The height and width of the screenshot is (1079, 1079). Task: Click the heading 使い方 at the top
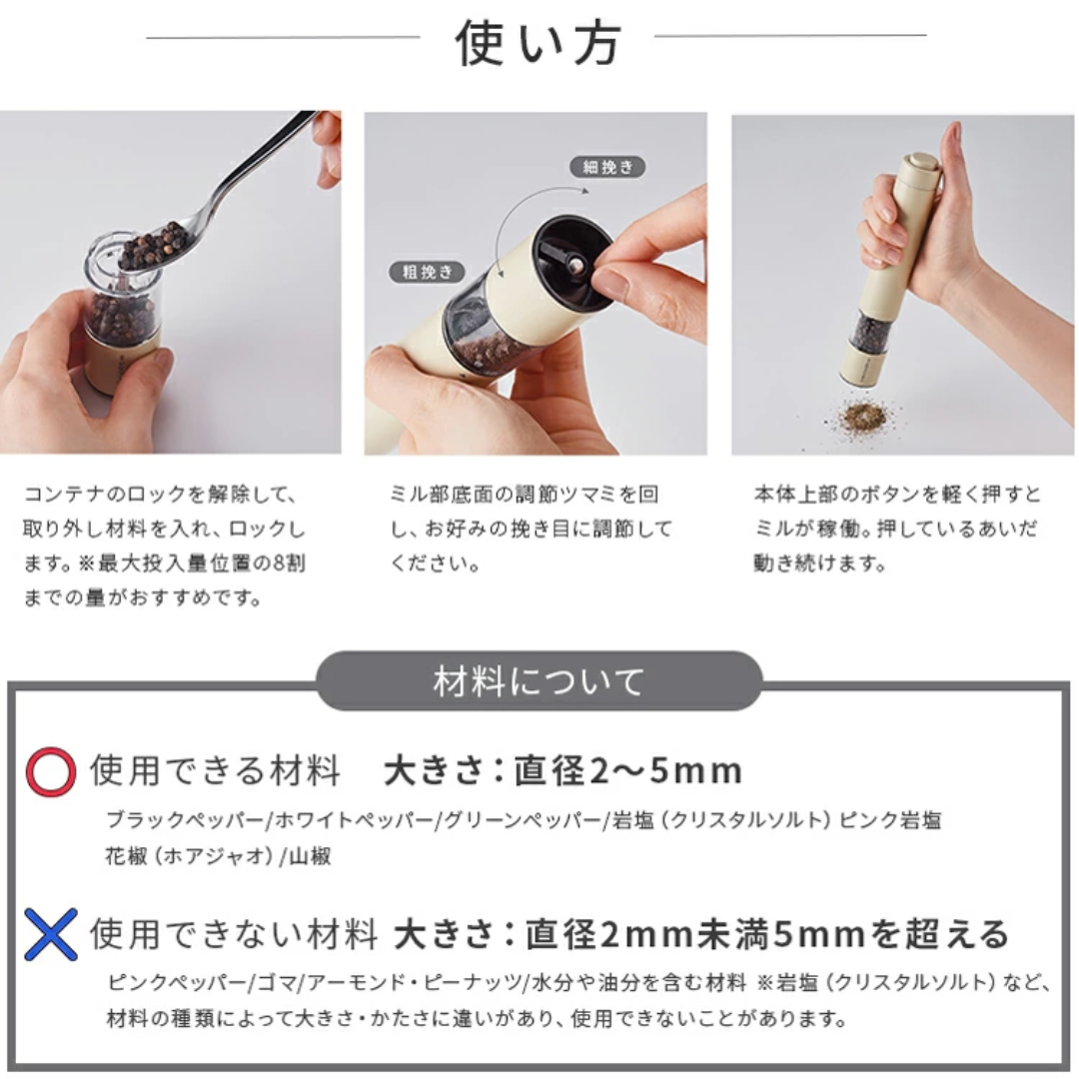tap(539, 42)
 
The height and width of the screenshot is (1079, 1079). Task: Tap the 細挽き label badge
tap(608, 167)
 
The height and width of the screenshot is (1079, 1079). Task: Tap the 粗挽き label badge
tap(429, 272)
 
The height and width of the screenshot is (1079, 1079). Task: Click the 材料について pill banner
tap(539, 682)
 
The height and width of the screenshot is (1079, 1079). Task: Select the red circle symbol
tap(50, 771)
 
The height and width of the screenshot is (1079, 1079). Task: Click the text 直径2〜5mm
tap(627, 771)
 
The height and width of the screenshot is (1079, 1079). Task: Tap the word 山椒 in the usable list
tap(312, 856)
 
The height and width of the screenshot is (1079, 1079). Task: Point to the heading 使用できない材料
tap(234, 935)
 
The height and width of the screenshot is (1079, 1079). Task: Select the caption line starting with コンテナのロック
tap(160, 495)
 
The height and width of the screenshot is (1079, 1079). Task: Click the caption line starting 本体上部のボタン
tap(896, 495)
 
